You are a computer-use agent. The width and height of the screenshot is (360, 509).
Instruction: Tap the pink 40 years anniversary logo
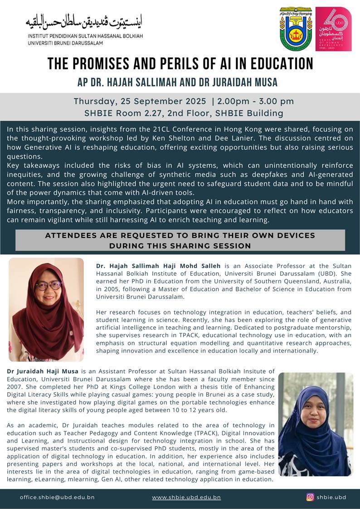click(333, 29)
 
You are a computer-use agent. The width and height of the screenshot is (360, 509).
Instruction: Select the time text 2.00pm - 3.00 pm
click(256, 101)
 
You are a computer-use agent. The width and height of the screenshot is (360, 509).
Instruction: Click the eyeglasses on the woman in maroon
click(48, 286)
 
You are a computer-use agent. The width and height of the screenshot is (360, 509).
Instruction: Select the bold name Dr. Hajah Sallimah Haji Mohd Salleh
click(158, 266)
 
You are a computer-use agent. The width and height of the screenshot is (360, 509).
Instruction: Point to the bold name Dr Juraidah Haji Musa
click(42, 372)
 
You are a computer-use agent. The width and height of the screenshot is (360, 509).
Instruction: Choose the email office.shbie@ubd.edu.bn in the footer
click(57, 497)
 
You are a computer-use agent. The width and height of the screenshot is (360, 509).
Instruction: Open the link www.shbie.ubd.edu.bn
click(186, 497)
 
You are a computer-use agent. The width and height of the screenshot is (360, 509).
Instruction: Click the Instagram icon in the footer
click(310, 497)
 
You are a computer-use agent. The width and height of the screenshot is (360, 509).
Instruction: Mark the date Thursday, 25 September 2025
click(144, 101)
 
